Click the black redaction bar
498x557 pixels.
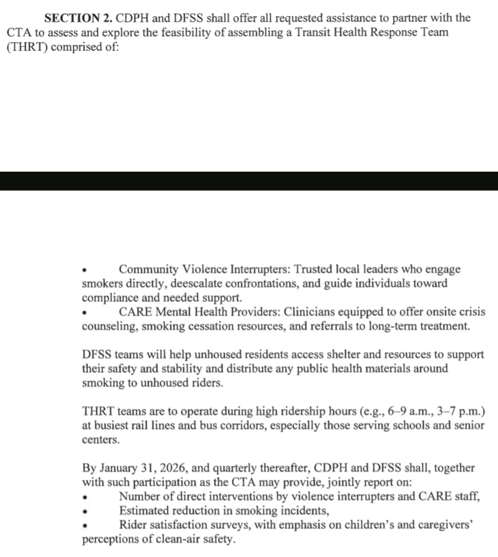249,181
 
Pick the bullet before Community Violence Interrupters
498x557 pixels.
84,271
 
